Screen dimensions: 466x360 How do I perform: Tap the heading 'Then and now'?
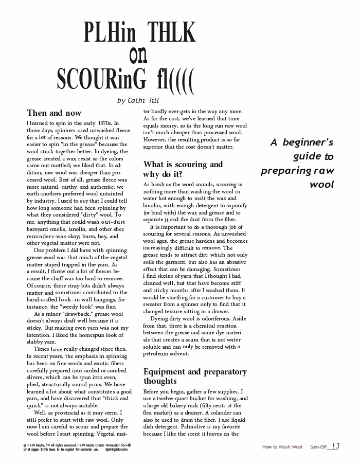click(54, 113)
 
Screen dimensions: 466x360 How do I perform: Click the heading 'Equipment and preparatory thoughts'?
click(195, 376)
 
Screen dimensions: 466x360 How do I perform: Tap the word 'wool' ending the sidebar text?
click(322, 184)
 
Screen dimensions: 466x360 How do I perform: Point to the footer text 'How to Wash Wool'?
click(282, 447)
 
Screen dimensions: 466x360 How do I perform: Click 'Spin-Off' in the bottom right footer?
click(318, 447)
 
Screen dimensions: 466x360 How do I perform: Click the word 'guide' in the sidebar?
click(308, 156)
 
